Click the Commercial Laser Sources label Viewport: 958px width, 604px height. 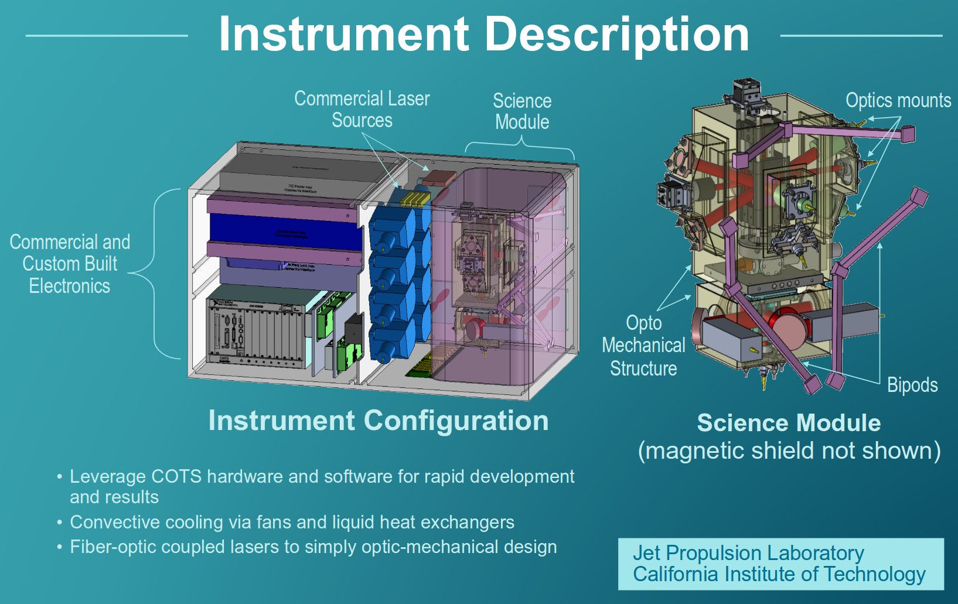click(x=362, y=109)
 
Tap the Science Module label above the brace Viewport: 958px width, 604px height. click(x=522, y=111)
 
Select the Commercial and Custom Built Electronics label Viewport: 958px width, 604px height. click(x=70, y=264)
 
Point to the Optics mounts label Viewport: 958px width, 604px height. click(x=898, y=101)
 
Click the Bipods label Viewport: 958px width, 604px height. click(x=912, y=385)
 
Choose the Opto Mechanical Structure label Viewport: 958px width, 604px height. click(x=643, y=346)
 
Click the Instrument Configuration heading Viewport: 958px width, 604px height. click(x=379, y=421)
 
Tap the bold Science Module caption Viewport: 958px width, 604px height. click(x=789, y=423)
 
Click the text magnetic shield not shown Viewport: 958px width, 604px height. click(x=789, y=451)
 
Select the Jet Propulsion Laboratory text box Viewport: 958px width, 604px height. click(x=780, y=564)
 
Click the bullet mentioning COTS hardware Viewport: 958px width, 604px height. click(x=321, y=486)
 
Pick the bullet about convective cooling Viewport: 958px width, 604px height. click(x=292, y=522)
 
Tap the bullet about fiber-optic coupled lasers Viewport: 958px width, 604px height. click(x=313, y=547)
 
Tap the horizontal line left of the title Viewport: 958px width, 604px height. click(x=107, y=36)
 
